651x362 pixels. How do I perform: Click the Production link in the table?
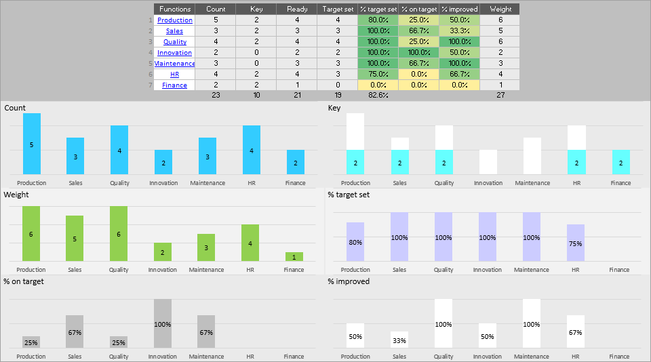pyautogui.click(x=174, y=20)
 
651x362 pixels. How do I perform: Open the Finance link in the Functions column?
pyautogui.click(x=174, y=85)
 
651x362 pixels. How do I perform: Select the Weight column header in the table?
pyautogui.click(x=500, y=9)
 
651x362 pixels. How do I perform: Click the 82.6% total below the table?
pyautogui.click(x=378, y=96)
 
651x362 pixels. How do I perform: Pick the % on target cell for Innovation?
pyautogui.click(x=418, y=53)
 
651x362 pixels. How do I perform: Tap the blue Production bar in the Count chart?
pyautogui.click(x=32, y=144)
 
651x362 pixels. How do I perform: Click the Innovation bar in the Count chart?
pyautogui.click(x=163, y=162)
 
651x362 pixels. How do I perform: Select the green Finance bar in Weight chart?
pyautogui.click(x=294, y=257)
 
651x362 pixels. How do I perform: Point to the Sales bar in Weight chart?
pyautogui.click(x=75, y=238)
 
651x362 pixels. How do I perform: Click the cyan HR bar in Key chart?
pyautogui.click(x=576, y=162)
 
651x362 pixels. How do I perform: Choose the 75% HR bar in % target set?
pyautogui.click(x=576, y=243)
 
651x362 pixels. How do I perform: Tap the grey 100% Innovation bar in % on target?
pyautogui.click(x=163, y=324)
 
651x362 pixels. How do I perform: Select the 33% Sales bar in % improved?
pyautogui.click(x=399, y=340)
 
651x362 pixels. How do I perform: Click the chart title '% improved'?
pyautogui.click(x=349, y=281)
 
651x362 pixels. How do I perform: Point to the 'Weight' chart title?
pyautogui.click(x=16, y=195)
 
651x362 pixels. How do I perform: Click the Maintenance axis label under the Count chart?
pyautogui.click(x=207, y=183)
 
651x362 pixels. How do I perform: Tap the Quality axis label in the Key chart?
pyautogui.click(x=444, y=183)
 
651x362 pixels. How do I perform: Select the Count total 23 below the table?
pyautogui.click(x=215, y=96)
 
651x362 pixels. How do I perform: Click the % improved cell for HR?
pyautogui.click(x=459, y=75)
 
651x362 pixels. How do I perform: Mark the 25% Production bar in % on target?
pyautogui.click(x=31, y=342)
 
